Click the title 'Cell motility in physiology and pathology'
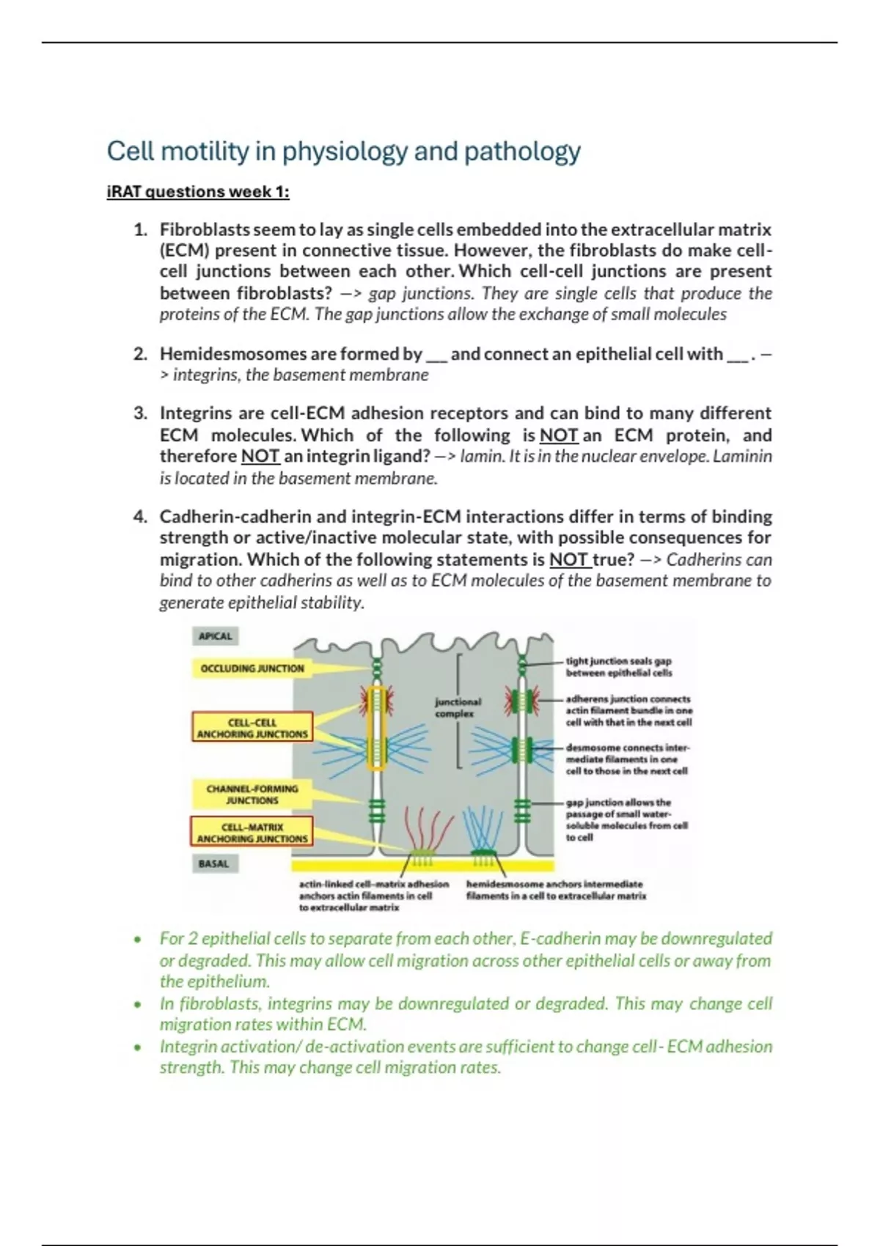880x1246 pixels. click(x=343, y=152)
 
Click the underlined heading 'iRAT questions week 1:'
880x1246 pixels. click(x=198, y=192)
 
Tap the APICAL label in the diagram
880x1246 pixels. click(x=215, y=636)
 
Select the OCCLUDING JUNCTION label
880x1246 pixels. click(x=252, y=668)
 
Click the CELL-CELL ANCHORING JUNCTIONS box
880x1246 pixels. click(x=252, y=728)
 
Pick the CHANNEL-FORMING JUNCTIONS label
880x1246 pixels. click(x=252, y=795)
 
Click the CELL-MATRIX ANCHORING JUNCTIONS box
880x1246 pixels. click(x=252, y=833)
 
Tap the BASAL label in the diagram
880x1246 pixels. click(x=213, y=864)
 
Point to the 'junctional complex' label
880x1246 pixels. click(x=458, y=707)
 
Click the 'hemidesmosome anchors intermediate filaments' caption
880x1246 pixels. click(x=556, y=890)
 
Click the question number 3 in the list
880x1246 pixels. click(x=140, y=413)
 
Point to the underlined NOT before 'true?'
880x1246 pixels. click(x=569, y=560)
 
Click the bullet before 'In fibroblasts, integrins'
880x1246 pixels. click(x=136, y=1004)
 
